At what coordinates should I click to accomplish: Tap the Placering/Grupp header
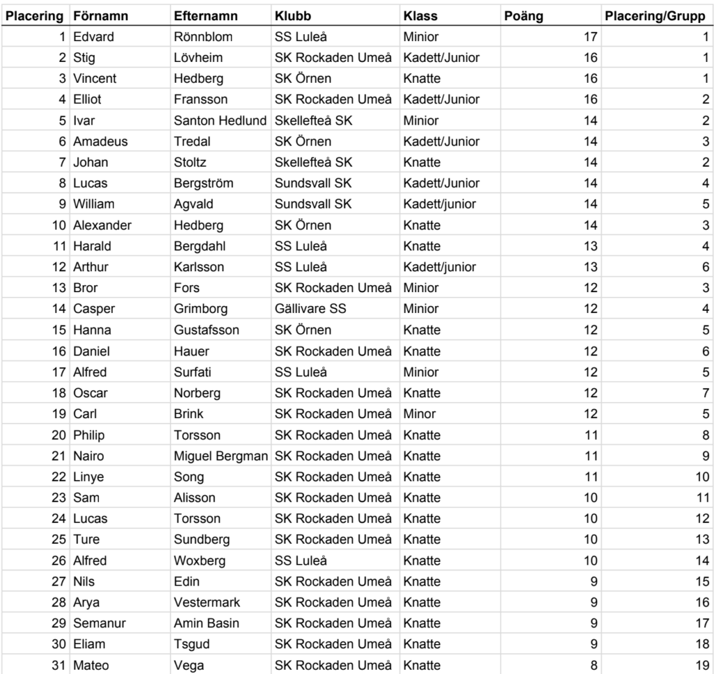[x=655, y=15]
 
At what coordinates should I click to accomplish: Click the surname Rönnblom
[x=203, y=36]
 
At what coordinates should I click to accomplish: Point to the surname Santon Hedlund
[x=220, y=120]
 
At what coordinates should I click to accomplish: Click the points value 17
[x=590, y=36]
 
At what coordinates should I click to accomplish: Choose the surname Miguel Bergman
[x=220, y=456]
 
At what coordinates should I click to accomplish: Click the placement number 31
[x=59, y=665]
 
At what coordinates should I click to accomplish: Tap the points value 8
[x=593, y=665]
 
